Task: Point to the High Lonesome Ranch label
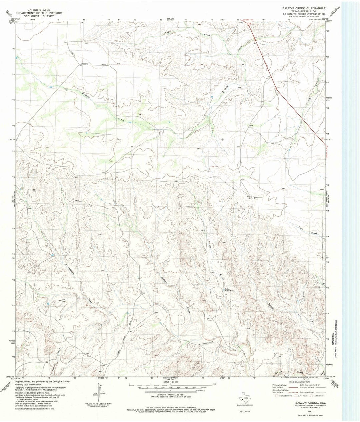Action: [260, 197]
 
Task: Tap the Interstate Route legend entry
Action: [283, 396]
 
